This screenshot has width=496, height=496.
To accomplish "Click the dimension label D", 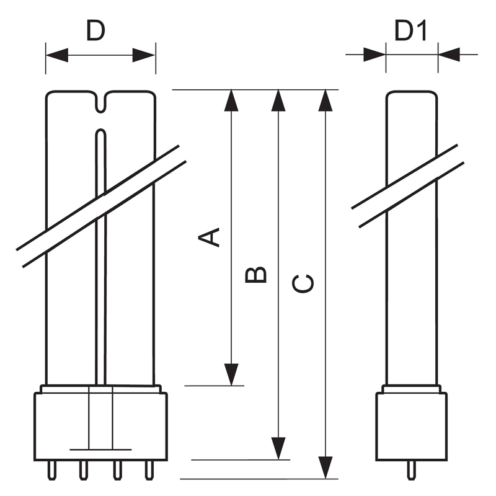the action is (x=95, y=30).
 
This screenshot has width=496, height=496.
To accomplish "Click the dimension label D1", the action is (x=411, y=30).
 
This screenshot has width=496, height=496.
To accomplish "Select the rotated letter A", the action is (x=209, y=237).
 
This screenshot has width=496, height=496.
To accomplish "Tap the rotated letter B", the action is (x=256, y=275).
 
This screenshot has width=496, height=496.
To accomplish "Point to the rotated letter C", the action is (x=303, y=284).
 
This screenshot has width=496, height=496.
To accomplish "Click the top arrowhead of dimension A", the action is (x=231, y=100).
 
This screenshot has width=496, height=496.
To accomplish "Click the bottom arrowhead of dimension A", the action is (x=231, y=374).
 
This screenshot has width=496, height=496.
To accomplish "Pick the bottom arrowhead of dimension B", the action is (x=278, y=448).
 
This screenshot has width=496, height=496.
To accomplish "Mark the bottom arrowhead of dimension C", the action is (x=325, y=468).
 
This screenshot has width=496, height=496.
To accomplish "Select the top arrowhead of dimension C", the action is (x=325, y=100).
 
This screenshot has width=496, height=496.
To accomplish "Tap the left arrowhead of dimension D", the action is (x=57, y=55).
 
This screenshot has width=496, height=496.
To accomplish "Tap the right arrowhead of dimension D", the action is (x=144, y=55).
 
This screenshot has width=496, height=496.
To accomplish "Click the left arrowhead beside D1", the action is (x=374, y=55).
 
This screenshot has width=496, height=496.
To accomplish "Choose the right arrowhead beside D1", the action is (x=449, y=55).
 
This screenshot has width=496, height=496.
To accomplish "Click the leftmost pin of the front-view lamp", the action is (x=51, y=471).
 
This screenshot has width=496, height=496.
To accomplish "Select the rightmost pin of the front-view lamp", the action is (x=149, y=471).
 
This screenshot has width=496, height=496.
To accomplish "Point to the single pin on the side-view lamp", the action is (x=411, y=471).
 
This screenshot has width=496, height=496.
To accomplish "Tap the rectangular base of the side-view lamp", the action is (x=411, y=427).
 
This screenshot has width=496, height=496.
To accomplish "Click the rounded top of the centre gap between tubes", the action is (x=101, y=130).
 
